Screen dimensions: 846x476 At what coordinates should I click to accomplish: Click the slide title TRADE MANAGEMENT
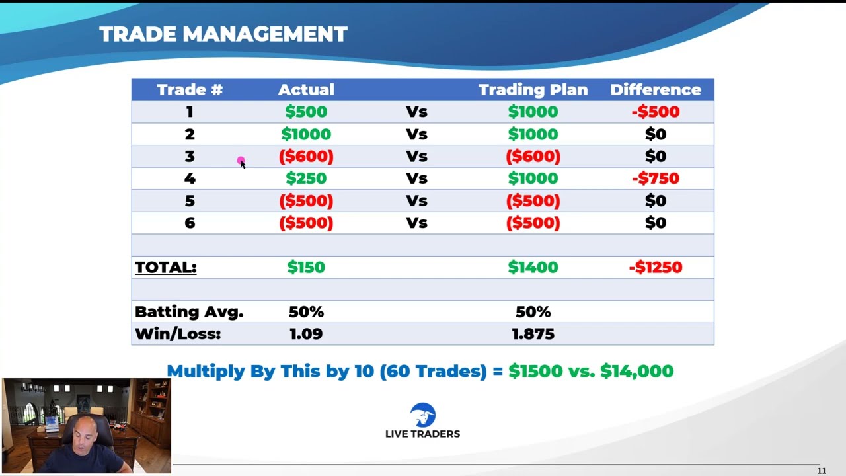point(223,34)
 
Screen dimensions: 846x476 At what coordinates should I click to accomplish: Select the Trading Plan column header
point(533,90)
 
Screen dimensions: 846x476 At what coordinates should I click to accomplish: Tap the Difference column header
point(656,90)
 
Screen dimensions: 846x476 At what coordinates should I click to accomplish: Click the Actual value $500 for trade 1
point(306,112)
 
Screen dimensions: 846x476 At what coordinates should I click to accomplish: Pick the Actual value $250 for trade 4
point(306,178)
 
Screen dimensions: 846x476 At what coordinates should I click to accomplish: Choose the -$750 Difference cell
point(656,178)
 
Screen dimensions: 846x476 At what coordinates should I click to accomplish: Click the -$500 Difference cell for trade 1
point(656,112)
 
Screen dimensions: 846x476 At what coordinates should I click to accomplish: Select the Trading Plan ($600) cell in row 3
point(533,157)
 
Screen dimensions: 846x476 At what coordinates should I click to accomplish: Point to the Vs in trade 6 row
point(416,223)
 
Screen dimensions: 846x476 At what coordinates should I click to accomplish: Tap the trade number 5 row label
point(190,200)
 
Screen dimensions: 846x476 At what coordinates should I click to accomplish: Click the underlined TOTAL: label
point(166,268)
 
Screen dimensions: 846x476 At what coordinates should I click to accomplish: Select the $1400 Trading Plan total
point(533,268)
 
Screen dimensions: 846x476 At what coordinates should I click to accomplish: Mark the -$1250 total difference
point(656,268)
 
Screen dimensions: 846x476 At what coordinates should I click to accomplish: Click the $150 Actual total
point(306,268)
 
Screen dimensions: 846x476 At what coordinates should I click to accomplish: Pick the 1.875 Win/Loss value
point(533,334)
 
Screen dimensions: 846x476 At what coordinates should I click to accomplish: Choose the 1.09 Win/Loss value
point(306,334)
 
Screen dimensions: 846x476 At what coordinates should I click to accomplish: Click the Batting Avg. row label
point(189,312)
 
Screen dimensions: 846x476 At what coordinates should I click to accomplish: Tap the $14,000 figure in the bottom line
point(636,371)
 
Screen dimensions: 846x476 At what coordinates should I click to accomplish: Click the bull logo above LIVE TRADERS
point(422,415)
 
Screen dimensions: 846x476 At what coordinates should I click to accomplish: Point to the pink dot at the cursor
point(241,161)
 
